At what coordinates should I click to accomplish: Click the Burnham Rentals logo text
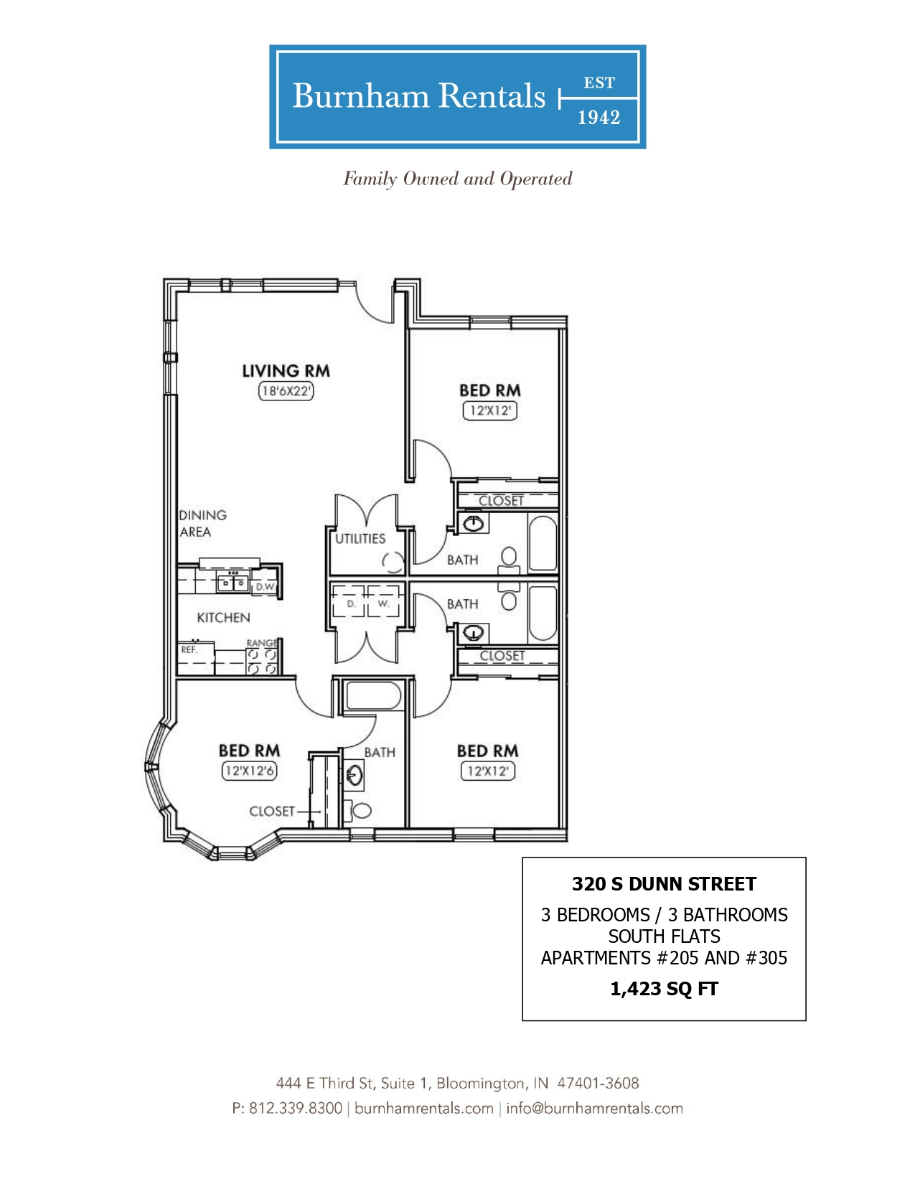(418, 96)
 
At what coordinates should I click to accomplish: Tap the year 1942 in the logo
(599, 118)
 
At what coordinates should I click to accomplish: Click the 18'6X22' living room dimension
(286, 390)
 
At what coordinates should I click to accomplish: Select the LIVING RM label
(286, 371)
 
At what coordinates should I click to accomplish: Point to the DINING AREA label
(202, 523)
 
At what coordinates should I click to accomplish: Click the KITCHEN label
(223, 617)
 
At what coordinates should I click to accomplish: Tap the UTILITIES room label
(360, 539)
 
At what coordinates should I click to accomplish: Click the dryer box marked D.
(349, 601)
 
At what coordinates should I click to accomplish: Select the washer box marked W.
(383, 601)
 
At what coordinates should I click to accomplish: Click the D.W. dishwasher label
(266, 587)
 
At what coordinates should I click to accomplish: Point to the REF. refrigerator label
(189, 649)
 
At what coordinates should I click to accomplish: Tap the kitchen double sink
(233, 583)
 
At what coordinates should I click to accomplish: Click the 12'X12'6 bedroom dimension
(249, 771)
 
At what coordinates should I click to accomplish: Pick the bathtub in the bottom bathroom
(374, 696)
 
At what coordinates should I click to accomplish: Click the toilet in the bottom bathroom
(357, 810)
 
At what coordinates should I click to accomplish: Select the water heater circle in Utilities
(393, 562)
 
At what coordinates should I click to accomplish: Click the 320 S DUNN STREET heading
(664, 884)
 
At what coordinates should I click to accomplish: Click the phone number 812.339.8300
(296, 1108)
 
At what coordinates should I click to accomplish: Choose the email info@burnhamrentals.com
(594, 1108)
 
